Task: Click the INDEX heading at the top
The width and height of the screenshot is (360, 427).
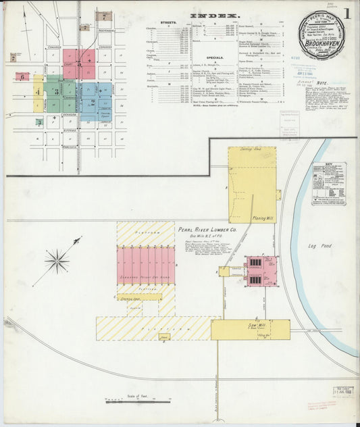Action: pyautogui.click(x=213, y=15)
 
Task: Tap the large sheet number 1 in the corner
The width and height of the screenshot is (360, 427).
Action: pyautogui.click(x=346, y=13)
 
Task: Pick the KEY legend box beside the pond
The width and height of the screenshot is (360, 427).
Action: pyautogui.click(x=329, y=183)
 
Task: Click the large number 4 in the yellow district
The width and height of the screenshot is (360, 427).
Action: pyautogui.click(x=38, y=91)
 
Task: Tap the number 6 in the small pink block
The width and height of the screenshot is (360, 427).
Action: pyautogui.click(x=22, y=77)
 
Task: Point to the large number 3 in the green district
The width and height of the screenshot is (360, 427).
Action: pyautogui.click(x=57, y=92)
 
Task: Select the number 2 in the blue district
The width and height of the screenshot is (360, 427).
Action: pyautogui.click(x=93, y=102)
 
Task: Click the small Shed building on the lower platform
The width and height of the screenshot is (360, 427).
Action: pyautogui.click(x=164, y=335)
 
